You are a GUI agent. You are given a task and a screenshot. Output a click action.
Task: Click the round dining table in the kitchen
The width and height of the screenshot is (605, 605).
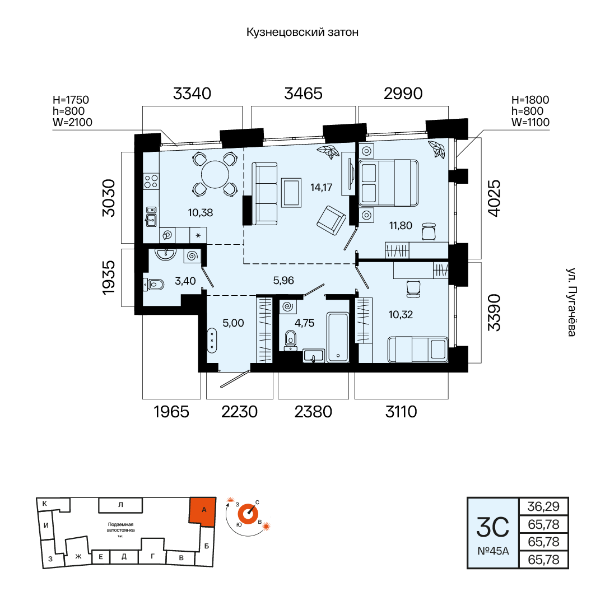tap(215, 174)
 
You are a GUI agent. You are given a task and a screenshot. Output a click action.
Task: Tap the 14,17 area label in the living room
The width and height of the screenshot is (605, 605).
tap(321, 188)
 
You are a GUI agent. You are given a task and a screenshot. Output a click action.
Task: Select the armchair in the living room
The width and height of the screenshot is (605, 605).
tap(331, 220)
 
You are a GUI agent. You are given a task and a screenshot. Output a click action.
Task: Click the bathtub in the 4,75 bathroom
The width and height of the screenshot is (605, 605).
tap(338, 337)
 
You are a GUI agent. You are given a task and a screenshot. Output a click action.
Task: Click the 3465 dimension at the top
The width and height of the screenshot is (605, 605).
tap(303, 94)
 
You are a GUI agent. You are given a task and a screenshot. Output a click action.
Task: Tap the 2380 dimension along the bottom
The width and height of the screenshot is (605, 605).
tap(313, 412)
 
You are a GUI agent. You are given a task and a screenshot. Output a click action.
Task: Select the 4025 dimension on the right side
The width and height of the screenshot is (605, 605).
tap(494, 198)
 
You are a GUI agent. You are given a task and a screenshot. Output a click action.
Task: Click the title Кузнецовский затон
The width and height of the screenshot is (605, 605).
tap(302, 32)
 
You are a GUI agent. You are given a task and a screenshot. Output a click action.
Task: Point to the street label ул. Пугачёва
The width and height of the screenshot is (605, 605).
tap(571, 302)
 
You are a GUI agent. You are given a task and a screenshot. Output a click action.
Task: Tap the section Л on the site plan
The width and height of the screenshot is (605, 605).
tap(120, 505)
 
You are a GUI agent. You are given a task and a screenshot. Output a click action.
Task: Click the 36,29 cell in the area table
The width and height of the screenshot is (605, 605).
tap(543, 506)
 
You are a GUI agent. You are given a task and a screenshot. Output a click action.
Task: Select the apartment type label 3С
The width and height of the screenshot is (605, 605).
tap(493, 528)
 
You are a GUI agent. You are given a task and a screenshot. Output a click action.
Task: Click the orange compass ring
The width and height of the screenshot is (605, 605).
tap(248, 514)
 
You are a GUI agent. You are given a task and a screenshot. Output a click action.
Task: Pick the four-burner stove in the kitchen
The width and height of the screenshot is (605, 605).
tap(151, 182)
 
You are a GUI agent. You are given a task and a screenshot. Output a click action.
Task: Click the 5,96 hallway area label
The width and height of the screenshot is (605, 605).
tap(283, 281)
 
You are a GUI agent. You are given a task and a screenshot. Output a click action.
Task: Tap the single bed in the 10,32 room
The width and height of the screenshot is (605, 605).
tap(418, 350)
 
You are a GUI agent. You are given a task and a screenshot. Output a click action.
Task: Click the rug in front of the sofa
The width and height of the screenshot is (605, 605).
tap(291, 193)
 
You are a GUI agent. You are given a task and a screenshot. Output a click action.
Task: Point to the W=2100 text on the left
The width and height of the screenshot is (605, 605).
tap(72, 122)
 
